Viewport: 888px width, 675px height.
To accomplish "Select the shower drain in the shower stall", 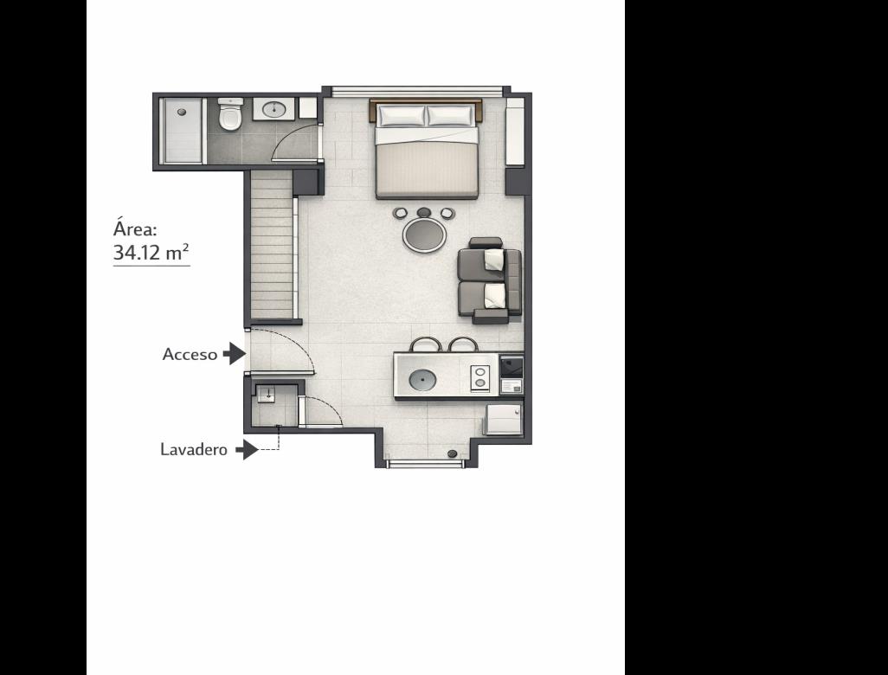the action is pyautogui.click(x=182, y=112).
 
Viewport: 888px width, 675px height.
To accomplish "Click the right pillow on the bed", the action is pyautogui.click(x=450, y=115).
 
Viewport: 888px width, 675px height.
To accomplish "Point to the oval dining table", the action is pyautogui.click(x=424, y=235).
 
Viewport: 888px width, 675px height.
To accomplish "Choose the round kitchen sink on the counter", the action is pyautogui.click(x=422, y=380).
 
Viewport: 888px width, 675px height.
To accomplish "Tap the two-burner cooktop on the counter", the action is pyautogui.click(x=480, y=377).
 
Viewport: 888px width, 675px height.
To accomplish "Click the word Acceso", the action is pyautogui.click(x=190, y=355).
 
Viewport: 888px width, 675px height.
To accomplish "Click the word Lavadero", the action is pyautogui.click(x=194, y=450).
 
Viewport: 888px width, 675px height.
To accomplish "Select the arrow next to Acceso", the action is pyautogui.click(x=235, y=353).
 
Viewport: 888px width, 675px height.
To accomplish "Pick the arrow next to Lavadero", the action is pyautogui.click(x=248, y=450).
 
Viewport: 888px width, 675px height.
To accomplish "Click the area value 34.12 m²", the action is pyautogui.click(x=151, y=252).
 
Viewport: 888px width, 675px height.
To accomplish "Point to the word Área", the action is pyautogui.click(x=134, y=228).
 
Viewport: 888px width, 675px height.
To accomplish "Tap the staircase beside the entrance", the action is pyautogui.click(x=272, y=245).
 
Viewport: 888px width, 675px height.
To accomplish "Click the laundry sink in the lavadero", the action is pyautogui.click(x=267, y=394).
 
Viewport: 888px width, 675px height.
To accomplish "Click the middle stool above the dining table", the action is pyautogui.click(x=423, y=213).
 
